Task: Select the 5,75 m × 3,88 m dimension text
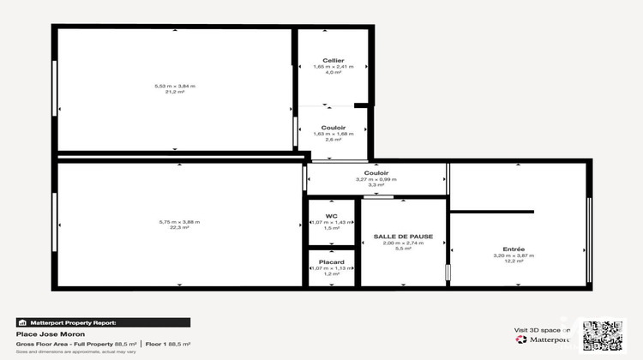coord(179,222)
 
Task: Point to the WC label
coord(331,215)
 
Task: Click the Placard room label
coord(331,261)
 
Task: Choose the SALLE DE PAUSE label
coord(403,236)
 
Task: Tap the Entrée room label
coord(514,249)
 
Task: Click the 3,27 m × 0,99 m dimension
coord(376,179)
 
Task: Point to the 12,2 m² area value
coord(514,261)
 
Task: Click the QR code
coord(604,336)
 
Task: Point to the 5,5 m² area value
coord(403,249)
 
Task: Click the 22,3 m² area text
coord(179,228)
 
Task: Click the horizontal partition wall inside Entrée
coord(491,211)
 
